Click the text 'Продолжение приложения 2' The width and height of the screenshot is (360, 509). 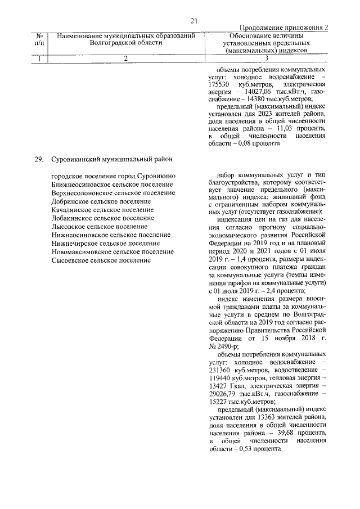point(283,28)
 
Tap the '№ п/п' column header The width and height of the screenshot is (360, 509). point(39,39)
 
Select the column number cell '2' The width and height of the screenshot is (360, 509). point(125,58)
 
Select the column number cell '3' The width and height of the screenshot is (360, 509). point(265,58)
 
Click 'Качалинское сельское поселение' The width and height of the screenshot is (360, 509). point(102,209)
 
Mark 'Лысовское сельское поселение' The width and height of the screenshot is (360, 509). point(98,226)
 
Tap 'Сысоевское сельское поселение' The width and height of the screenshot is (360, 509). point(101,260)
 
